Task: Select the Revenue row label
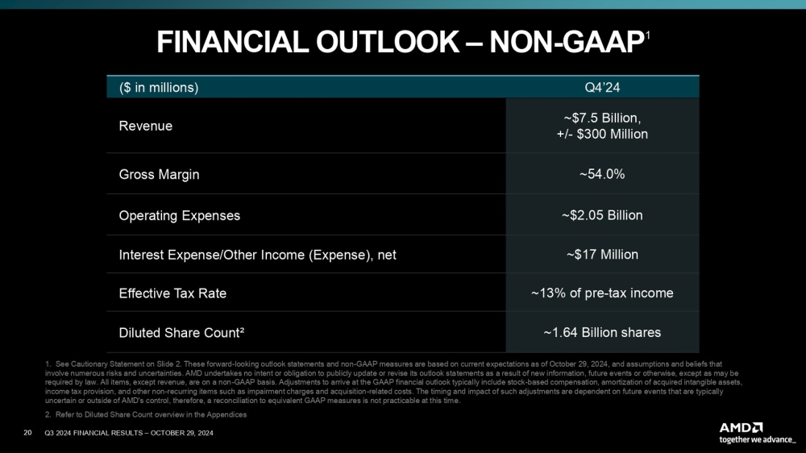[x=145, y=126]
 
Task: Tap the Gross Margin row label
[x=159, y=174]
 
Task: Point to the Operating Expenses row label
[x=179, y=216]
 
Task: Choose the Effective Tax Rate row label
[x=172, y=293]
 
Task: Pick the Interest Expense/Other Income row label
[x=257, y=255]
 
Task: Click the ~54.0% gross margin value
[x=602, y=174]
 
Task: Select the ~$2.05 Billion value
[x=602, y=216]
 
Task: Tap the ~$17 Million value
[x=602, y=255]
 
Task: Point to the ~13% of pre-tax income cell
[x=602, y=293]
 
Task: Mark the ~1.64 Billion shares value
[x=602, y=332]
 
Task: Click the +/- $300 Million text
[x=602, y=134]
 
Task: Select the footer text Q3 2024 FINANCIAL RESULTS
[x=97, y=434]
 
